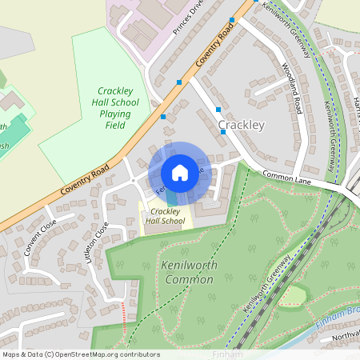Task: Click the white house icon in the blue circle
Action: click(180, 172)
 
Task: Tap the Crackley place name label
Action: click(241, 126)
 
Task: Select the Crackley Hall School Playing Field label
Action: click(118, 108)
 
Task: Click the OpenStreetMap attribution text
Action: click(81, 354)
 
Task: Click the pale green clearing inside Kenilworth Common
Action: click(293, 295)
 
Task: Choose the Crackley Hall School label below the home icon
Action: click(165, 215)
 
